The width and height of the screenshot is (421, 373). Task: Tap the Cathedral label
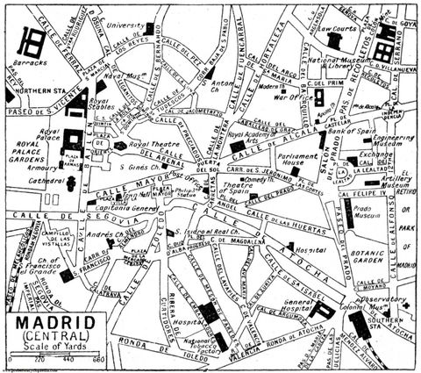[28, 182]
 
